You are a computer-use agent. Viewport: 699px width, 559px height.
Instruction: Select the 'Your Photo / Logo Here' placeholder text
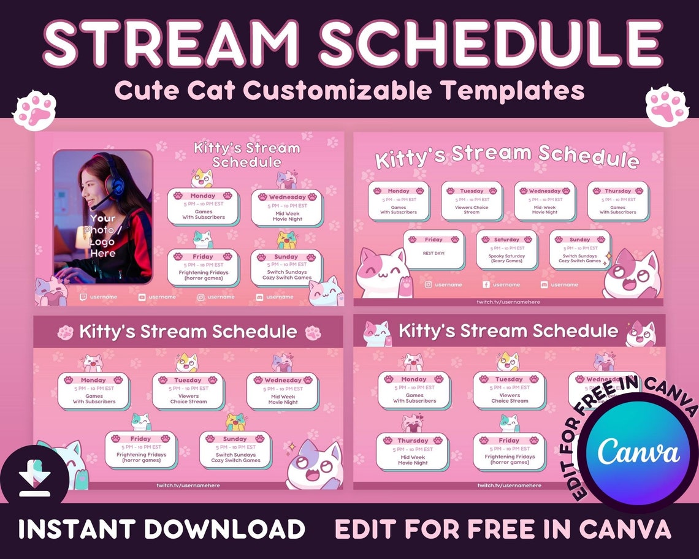pyautogui.click(x=102, y=235)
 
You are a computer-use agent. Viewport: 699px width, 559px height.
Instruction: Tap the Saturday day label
pyautogui.click(x=506, y=240)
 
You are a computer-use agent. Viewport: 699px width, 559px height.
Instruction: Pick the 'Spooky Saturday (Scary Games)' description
pyautogui.click(x=506, y=258)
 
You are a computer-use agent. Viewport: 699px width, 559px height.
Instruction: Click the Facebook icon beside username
pyautogui.click(x=486, y=284)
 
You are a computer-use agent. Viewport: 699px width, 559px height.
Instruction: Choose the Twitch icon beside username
pyautogui.click(x=83, y=297)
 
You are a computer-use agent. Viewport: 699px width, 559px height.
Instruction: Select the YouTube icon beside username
pyautogui.click(x=142, y=297)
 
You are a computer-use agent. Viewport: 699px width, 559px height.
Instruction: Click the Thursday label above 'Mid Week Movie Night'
pyautogui.click(x=413, y=441)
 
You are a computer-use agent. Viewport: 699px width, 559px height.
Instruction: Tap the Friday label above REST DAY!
pyautogui.click(x=434, y=240)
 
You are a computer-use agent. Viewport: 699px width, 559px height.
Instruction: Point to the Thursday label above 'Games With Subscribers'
pyautogui.click(x=617, y=191)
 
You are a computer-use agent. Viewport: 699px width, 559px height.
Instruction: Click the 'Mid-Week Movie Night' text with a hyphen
pyautogui.click(x=544, y=210)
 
